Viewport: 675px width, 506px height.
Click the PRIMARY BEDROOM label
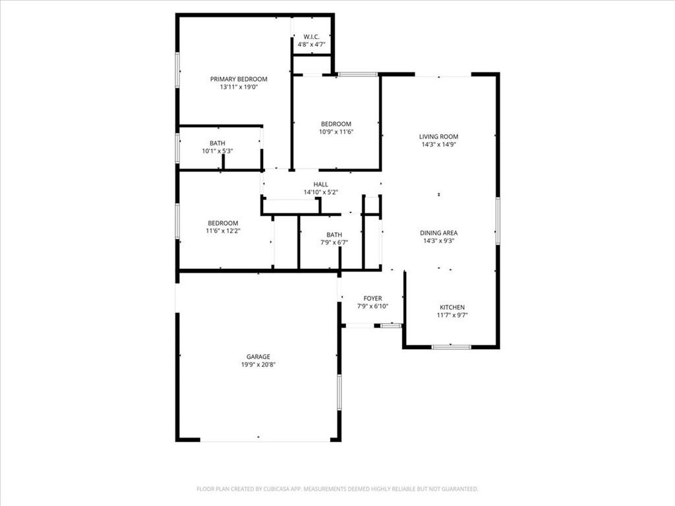coord(239,79)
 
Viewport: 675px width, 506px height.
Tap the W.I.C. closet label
coord(311,37)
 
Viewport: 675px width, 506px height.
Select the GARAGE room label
coord(258,356)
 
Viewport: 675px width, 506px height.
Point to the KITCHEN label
coord(452,307)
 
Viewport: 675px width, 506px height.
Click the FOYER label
coord(373,298)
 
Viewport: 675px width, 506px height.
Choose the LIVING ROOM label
coord(438,137)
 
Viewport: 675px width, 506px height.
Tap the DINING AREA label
coord(438,233)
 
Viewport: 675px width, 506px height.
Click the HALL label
coord(321,184)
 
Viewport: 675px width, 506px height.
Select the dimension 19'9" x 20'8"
coord(258,365)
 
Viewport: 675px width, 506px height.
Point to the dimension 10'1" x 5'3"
coord(218,151)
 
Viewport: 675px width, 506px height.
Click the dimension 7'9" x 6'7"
coord(334,242)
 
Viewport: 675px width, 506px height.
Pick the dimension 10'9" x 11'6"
coord(336,132)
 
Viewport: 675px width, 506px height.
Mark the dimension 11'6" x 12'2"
coord(223,231)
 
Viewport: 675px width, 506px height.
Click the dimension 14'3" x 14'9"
coord(438,144)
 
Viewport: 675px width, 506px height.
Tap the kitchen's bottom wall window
coord(451,347)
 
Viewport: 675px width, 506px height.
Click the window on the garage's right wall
coord(339,392)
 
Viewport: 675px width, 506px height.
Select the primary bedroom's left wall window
coord(177,70)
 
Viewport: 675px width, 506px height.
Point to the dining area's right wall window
coord(498,221)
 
